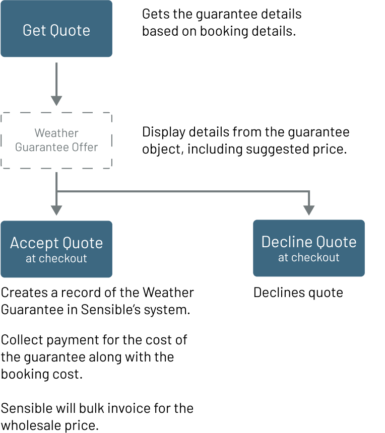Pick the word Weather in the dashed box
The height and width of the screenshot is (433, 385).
(56, 133)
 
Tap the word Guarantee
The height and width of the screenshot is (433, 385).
(42, 147)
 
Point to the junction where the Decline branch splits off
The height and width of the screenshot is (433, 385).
(57, 191)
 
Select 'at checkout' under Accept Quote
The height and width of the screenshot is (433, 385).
(56, 259)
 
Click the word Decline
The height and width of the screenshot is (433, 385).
(285, 242)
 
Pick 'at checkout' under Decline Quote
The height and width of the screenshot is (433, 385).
(309, 258)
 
